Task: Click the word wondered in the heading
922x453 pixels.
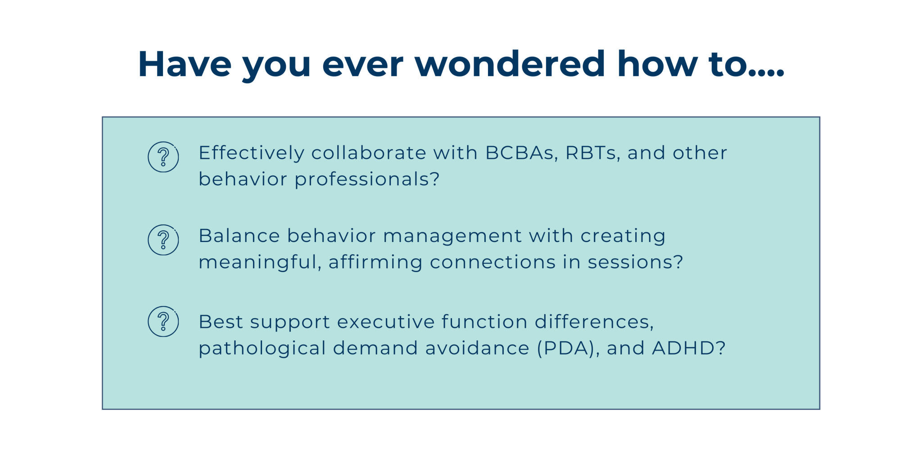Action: point(510,64)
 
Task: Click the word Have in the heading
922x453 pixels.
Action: point(185,64)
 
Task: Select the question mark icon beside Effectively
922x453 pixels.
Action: point(163,157)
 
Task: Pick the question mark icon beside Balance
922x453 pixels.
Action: point(163,240)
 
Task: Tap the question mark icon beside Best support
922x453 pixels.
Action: point(163,322)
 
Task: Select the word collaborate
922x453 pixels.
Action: point(369,153)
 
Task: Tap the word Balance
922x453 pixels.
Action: point(240,236)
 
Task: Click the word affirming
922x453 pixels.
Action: point(375,262)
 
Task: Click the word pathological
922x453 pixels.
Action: point(262,349)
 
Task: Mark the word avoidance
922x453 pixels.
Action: point(477,348)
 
